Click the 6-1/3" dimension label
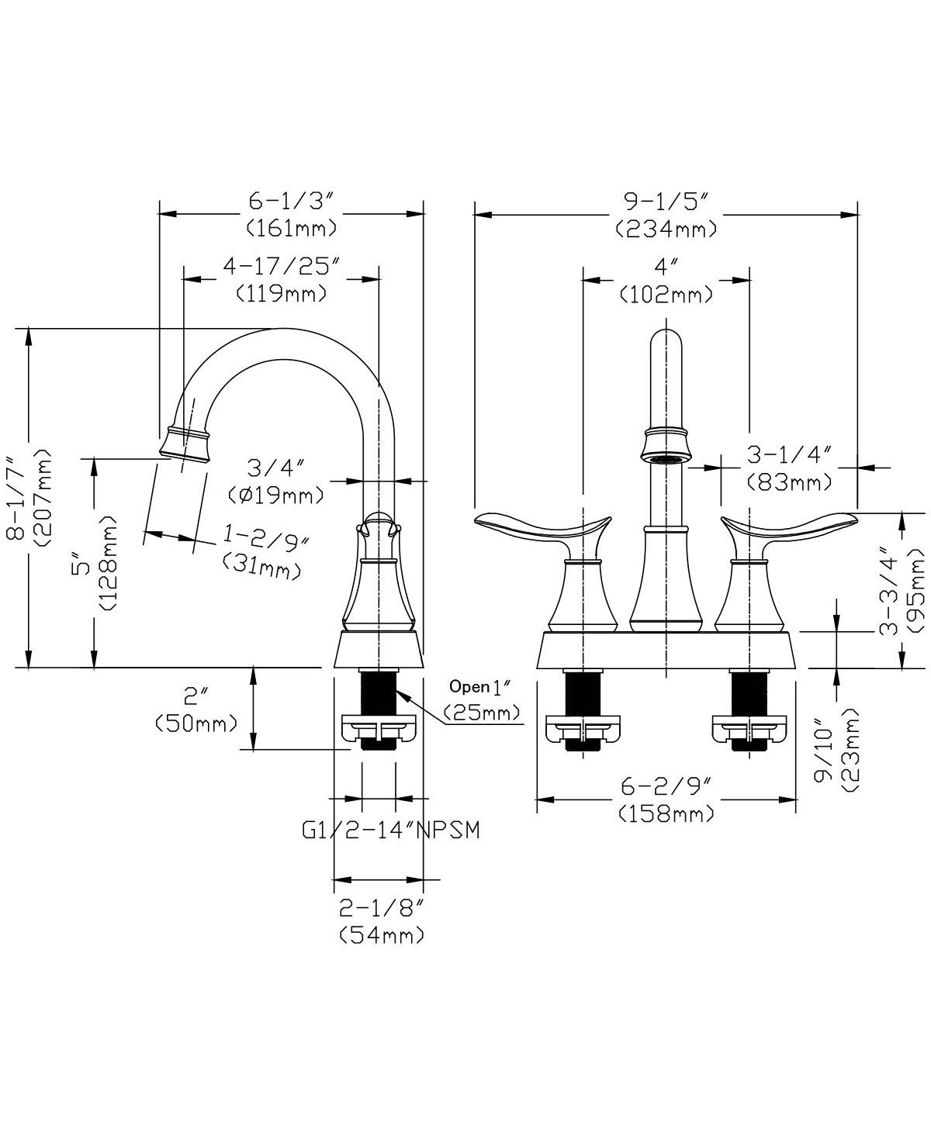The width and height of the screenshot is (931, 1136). (x=292, y=202)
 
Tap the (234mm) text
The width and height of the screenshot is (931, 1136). (x=666, y=229)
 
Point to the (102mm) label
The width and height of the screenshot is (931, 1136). (x=666, y=294)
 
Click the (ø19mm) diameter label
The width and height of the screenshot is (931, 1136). (x=275, y=494)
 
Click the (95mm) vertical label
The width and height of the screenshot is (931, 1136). (x=917, y=590)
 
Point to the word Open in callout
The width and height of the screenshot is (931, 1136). (x=469, y=686)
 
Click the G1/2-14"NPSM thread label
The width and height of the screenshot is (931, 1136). (x=391, y=830)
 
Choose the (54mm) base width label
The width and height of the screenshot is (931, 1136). (x=382, y=934)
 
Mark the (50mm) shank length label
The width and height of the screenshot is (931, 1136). (x=196, y=723)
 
